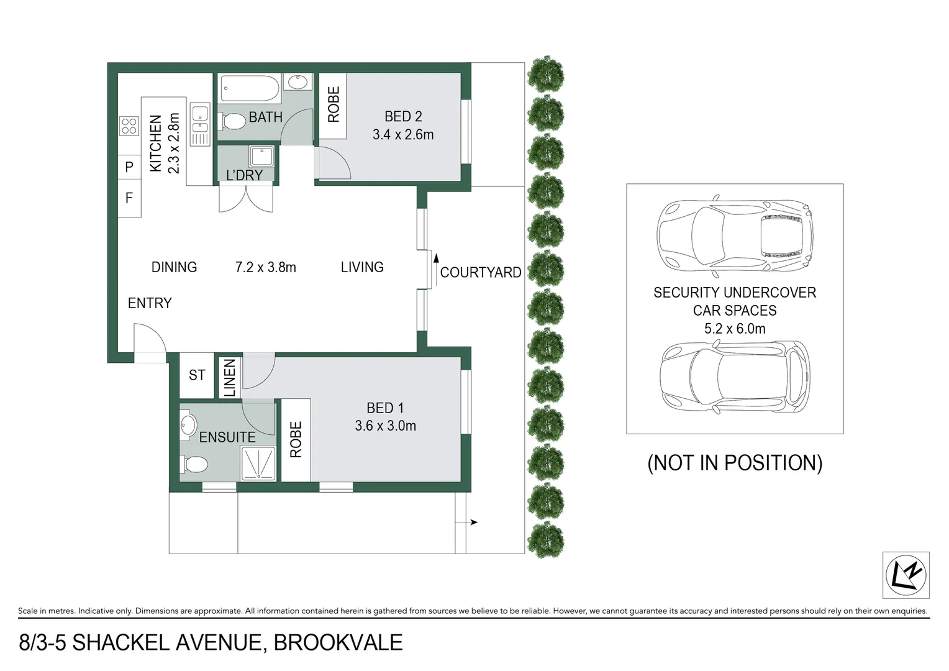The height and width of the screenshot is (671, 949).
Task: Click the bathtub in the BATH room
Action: pos(250,88)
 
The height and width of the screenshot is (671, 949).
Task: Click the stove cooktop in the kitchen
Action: pos(129,126)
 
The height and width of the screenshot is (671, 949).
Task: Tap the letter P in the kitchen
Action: pos(129,167)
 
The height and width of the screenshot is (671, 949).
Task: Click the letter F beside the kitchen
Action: pos(129,198)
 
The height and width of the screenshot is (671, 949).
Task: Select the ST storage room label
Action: pos(197,375)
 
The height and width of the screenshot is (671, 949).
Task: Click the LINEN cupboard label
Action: pos(229,377)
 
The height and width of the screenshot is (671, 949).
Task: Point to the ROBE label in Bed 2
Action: pos(334,104)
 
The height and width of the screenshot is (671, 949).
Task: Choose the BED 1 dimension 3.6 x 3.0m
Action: pos(385,426)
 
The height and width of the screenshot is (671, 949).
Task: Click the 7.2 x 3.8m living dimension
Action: pos(266,267)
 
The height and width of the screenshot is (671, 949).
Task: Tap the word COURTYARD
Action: pos(481,273)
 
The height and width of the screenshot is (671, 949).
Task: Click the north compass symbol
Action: pos(906,575)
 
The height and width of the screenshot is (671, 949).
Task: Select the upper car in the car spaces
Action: pos(734,235)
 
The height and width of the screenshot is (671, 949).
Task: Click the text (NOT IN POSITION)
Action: pos(735,463)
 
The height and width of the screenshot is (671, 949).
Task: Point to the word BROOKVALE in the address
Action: pos(338,642)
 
